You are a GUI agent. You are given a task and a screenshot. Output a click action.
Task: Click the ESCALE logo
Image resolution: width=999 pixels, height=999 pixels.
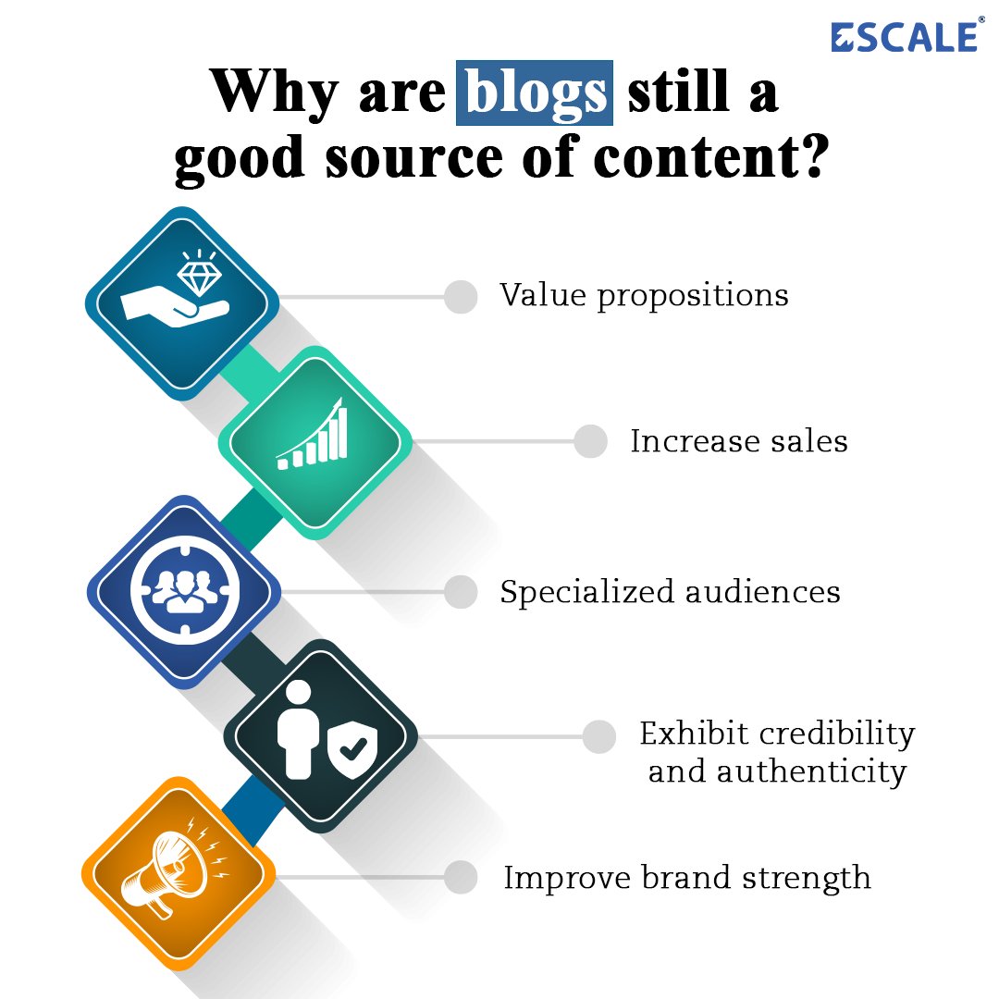905,36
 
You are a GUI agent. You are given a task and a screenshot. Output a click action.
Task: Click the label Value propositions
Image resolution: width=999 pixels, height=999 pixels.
644,296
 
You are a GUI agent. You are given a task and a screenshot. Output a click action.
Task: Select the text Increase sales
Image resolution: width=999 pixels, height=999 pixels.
738,441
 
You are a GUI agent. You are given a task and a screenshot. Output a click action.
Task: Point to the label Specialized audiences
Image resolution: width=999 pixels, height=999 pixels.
670,592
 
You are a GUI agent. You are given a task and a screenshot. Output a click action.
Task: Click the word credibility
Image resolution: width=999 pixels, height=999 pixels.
835,734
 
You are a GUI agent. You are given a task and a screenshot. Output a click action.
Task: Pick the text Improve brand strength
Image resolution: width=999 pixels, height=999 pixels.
686,877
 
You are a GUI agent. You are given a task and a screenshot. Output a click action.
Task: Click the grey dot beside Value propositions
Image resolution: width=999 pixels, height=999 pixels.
461,297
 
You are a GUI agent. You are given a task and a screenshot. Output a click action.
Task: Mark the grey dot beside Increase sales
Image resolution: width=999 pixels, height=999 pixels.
590,441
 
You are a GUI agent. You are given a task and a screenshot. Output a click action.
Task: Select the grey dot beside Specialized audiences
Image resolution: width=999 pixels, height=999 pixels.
461,592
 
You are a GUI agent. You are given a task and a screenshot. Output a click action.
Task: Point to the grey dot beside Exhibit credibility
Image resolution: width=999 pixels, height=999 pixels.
599,736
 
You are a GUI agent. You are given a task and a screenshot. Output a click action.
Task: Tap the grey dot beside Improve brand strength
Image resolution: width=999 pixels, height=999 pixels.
461,877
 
